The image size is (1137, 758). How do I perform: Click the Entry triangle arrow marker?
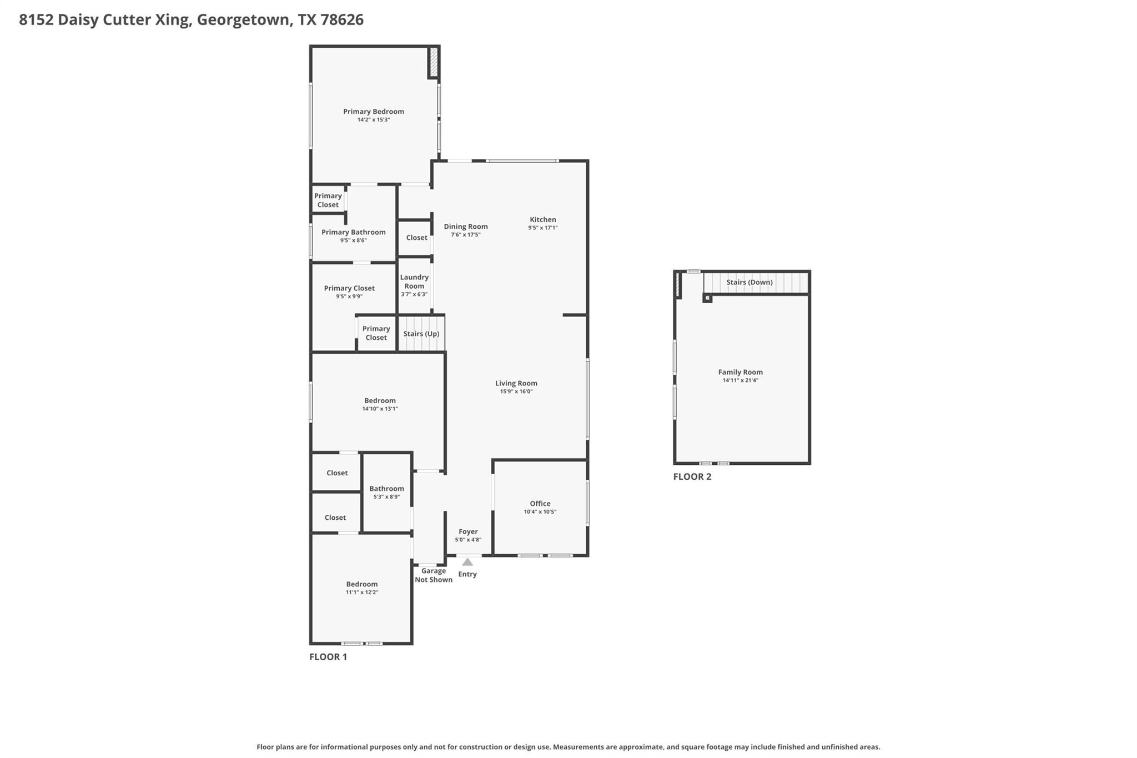467,562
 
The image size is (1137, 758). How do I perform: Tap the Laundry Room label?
414,282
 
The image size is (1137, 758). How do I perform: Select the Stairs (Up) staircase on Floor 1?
421,334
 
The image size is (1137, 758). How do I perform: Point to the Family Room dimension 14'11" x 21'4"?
740,380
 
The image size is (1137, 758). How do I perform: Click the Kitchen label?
542,219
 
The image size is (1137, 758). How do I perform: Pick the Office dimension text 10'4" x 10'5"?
540,512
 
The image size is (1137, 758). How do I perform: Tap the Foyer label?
468,531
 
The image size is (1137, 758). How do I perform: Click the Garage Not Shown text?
434,575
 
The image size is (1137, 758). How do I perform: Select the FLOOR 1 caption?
328,657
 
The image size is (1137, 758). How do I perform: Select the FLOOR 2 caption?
692,476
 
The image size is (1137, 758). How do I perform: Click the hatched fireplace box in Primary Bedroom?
434,62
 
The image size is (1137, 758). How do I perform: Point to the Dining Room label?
465,227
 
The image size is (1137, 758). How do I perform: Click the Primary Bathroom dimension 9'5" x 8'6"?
353,240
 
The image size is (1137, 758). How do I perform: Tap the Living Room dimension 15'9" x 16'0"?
516,391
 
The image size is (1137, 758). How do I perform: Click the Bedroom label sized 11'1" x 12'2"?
361,584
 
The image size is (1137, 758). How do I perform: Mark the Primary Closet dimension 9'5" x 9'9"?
349,297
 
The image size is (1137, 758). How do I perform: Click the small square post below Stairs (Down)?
707,298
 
